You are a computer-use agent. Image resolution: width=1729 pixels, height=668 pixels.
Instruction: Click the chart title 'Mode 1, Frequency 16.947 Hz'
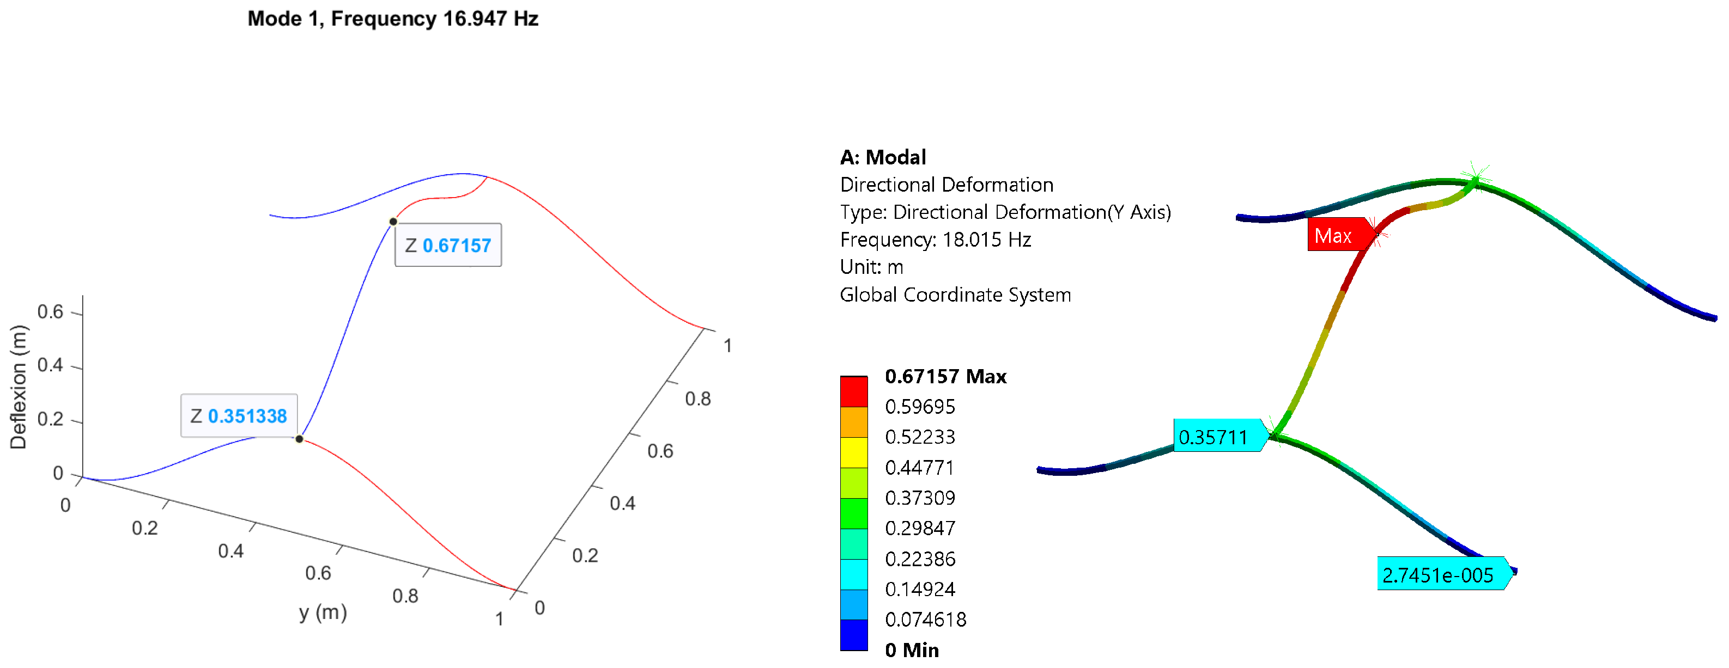[x=393, y=19]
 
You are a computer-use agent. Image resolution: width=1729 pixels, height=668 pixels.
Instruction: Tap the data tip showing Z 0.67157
[x=448, y=246]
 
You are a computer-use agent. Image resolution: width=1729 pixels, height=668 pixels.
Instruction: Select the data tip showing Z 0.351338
[x=239, y=416]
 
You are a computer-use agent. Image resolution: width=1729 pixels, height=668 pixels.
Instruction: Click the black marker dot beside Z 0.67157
[x=393, y=222]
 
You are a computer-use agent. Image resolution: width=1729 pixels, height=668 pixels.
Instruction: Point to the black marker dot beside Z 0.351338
[x=299, y=439]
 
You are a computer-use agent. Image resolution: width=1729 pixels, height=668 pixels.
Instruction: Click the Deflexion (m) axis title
[x=19, y=387]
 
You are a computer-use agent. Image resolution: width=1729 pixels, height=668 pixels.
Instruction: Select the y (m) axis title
[x=323, y=612]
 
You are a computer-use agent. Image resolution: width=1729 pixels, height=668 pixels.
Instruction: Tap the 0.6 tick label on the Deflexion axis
[x=50, y=312]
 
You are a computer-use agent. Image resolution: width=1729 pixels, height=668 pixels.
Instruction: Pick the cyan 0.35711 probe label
[x=1216, y=437]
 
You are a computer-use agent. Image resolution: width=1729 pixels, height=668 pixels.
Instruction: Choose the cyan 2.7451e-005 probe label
[x=1440, y=574]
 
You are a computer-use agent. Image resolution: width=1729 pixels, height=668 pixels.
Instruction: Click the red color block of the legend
[x=854, y=391]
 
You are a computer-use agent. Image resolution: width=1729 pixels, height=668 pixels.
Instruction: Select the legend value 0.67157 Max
[x=945, y=376]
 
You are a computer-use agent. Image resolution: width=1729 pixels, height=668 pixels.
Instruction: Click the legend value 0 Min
[x=912, y=649]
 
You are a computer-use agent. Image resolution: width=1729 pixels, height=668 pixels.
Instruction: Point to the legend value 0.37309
[x=920, y=498]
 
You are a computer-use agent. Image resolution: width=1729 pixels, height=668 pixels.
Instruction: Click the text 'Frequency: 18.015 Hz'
[x=935, y=240]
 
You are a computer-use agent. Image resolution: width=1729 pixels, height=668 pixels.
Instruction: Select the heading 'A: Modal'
[x=883, y=157]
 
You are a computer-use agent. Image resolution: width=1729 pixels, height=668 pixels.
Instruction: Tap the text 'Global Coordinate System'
[x=955, y=295]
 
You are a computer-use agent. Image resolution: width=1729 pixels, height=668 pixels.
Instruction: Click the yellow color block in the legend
[x=854, y=452]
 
